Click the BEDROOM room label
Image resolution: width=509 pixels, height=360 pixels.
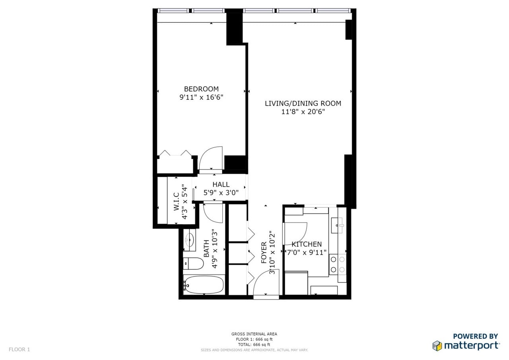coord(201,89)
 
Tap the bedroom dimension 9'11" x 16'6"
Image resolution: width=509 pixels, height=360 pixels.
coord(201,97)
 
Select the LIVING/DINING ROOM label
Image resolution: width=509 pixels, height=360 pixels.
coord(303,103)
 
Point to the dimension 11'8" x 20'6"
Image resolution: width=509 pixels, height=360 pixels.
coord(303,112)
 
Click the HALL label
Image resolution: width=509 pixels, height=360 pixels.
coord(221,185)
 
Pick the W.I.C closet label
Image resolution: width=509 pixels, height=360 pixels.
coord(176,202)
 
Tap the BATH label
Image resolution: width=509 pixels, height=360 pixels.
coord(207,249)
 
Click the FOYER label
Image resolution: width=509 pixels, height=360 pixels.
coord(264,253)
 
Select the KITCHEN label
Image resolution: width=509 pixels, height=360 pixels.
coord(307,244)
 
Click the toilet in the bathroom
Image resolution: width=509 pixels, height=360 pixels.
coord(193,263)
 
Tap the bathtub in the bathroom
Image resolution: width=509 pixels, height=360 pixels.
coord(204,284)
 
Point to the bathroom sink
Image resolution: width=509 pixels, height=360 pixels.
coord(190,239)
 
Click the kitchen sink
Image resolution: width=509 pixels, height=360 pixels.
coord(340,226)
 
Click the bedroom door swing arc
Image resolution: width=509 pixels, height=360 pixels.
coord(211,158)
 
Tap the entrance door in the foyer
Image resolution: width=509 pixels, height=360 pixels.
coord(266,283)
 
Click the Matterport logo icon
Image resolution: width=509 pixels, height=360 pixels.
coord(437,345)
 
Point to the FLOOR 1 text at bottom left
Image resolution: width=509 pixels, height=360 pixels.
coord(19,350)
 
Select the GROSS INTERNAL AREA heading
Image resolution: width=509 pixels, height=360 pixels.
coord(254,334)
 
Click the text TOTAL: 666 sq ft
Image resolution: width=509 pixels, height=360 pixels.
coord(254,344)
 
